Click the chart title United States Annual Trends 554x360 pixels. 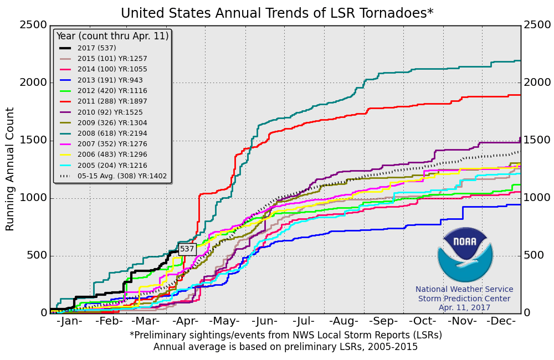point(277,13)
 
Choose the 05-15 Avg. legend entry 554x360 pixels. point(114,176)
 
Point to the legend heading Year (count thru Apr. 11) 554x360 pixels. point(112,36)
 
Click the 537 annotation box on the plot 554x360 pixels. point(187,249)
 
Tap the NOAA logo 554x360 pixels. point(464,255)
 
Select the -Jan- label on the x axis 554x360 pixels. point(69,321)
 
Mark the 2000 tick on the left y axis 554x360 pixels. point(33,83)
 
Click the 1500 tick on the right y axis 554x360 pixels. point(537,140)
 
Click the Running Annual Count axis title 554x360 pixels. point(11,169)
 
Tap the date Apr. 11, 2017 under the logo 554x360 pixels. point(464,308)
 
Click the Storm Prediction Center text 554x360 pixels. point(464,299)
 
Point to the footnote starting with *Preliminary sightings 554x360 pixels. point(286,335)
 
